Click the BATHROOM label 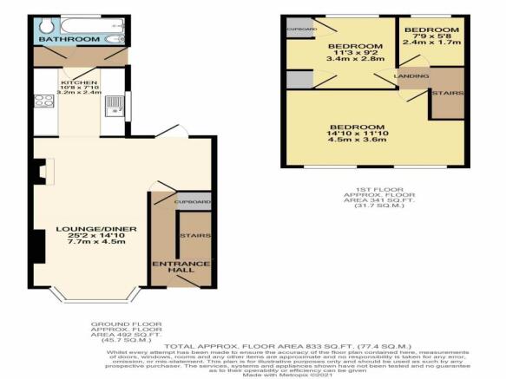[74, 39]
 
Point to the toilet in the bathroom [114, 38]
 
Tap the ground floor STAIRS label [191, 235]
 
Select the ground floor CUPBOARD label [193, 201]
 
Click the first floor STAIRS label [450, 92]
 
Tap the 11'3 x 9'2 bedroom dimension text [353, 54]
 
